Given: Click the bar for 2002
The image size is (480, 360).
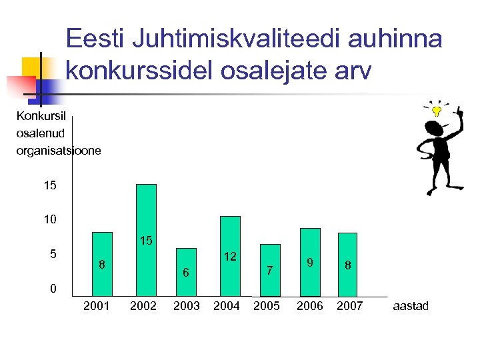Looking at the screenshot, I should [146, 239].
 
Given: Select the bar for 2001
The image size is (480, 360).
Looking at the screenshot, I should [102, 263].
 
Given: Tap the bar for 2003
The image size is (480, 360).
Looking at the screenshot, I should [186, 272].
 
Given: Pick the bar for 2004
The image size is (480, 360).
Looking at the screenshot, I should [230, 256].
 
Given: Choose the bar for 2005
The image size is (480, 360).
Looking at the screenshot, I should [270, 270].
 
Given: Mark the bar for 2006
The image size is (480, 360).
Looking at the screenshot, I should [310, 262].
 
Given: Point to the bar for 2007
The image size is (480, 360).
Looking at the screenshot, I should [347, 264].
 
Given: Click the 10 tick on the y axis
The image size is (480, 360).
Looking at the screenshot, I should [50, 219].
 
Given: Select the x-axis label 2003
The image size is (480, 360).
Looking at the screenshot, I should [187, 306].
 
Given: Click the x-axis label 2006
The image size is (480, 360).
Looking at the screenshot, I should [310, 306].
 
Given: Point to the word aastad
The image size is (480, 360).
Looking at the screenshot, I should [411, 306].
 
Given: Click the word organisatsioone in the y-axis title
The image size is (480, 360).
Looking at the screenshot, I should [59, 151].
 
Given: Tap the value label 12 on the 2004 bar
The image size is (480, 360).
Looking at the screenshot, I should [230, 256].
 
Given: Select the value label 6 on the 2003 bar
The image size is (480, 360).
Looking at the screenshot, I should [187, 273].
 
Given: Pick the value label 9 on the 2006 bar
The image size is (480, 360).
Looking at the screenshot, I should [310, 263].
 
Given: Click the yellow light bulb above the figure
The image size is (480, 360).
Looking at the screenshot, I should [436, 110].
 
